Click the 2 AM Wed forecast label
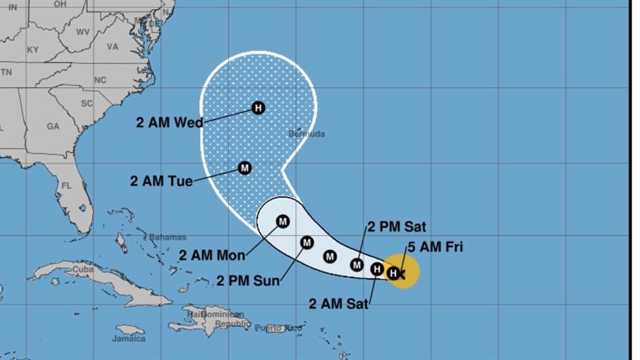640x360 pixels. click(169, 121)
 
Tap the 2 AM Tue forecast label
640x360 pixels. click(161, 181)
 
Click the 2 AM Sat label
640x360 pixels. click(339, 303)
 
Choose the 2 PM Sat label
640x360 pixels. click(396, 227)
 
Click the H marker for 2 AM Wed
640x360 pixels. click(259, 109)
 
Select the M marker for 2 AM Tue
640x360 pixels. click(244, 168)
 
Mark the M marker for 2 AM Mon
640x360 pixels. click(283, 221)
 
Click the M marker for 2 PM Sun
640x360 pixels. click(307, 243)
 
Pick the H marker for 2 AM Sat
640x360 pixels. click(377, 269)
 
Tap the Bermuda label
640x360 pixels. click(306, 134)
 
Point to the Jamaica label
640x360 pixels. click(129, 339)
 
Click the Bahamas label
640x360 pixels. click(168, 237)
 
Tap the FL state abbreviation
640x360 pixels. click(66, 186)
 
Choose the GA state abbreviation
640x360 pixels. click(53, 126)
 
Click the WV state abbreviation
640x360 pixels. click(82, 32)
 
